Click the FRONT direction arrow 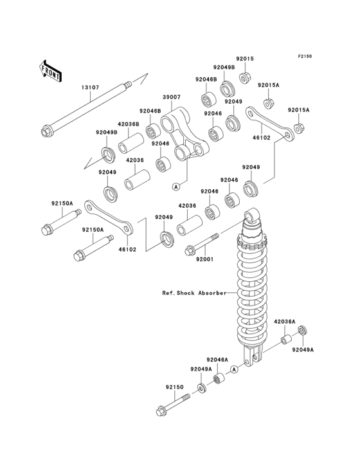point(50,71)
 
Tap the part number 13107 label point(90,88)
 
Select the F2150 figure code point(305,56)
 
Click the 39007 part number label point(172,97)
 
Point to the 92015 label point(244,59)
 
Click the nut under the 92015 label point(245,78)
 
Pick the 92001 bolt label point(205,259)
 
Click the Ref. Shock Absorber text point(194,293)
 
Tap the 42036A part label point(284,322)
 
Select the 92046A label point(217,359)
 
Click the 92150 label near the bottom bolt point(174,387)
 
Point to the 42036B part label point(128,124)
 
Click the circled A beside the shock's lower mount point(234,369)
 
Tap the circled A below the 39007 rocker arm point(176,187)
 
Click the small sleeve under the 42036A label point(285,340)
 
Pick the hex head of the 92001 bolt point(190,250)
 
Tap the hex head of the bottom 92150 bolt point(161,411)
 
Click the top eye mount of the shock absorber point(251,216)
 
